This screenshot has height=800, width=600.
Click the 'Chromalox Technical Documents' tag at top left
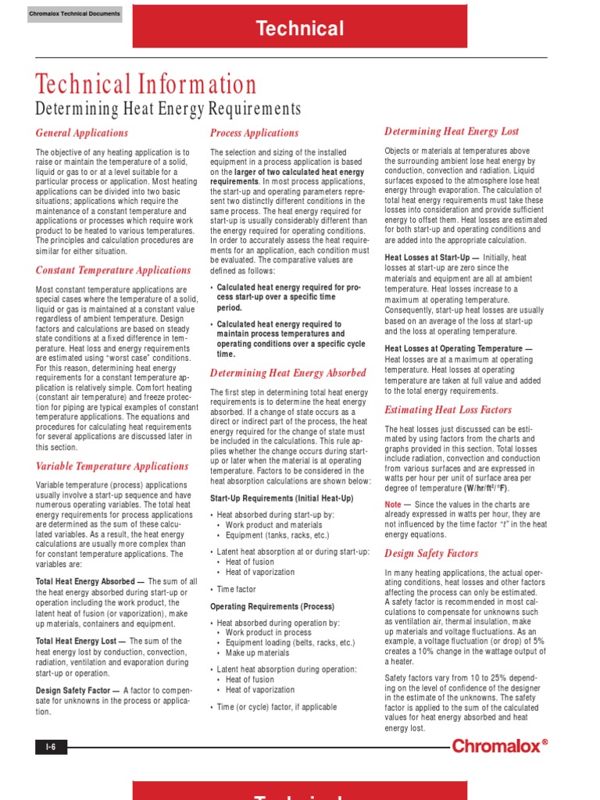click(x=74, y=14)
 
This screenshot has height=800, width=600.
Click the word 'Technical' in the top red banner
click(x=300, y=30)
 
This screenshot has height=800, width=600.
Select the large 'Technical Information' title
click(x=146, y=85)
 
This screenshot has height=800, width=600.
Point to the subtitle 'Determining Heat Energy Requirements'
click(x=168, y=109)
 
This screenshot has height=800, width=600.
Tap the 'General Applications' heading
click(x=82, y=133)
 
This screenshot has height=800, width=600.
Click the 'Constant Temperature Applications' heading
click(x=113, y=270)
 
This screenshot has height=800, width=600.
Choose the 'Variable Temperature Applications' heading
click(x=112, y=466)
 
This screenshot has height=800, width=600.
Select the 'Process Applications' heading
click(x=255, y=133)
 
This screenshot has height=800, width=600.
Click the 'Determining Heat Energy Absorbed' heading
click(x=288, y=373)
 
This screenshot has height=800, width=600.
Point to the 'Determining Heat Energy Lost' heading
click(x=452, y=131)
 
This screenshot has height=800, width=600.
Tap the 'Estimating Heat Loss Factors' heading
click(x=448, y=409)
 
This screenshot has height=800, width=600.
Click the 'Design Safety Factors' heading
click(x=431, y=553)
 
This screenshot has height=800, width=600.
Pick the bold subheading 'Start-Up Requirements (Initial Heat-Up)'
click(x=282, y=498)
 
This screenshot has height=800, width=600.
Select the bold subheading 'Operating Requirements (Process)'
click(x=272, y=606)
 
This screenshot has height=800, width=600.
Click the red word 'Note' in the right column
click(x=393, y=505)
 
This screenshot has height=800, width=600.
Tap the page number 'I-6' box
click(x=51, y=748)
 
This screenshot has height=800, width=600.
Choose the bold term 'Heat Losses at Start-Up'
click(x=430, y=258)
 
